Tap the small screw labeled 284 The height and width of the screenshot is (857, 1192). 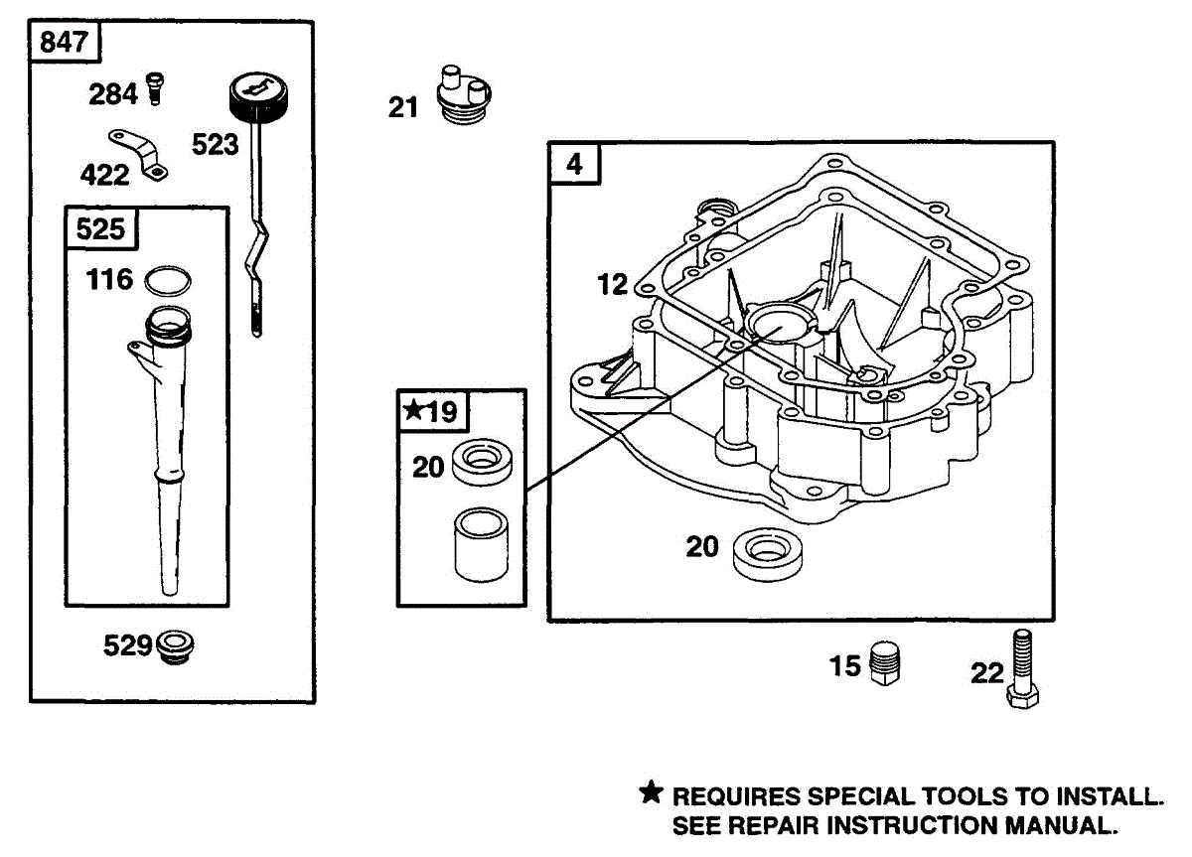[154, 88]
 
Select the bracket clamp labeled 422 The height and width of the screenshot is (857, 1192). [139, 154]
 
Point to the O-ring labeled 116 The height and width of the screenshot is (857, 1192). [167, 281]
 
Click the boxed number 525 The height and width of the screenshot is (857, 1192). [100, 229]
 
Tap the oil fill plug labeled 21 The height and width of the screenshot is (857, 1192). [464, 96]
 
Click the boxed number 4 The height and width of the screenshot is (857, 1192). [575, 165]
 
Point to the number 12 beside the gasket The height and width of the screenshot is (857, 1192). [613, 285]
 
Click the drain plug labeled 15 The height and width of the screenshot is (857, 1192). [884, 661]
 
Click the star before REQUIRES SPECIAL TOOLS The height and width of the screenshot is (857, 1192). [651, 793]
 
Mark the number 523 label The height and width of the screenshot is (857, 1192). [216, 145]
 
